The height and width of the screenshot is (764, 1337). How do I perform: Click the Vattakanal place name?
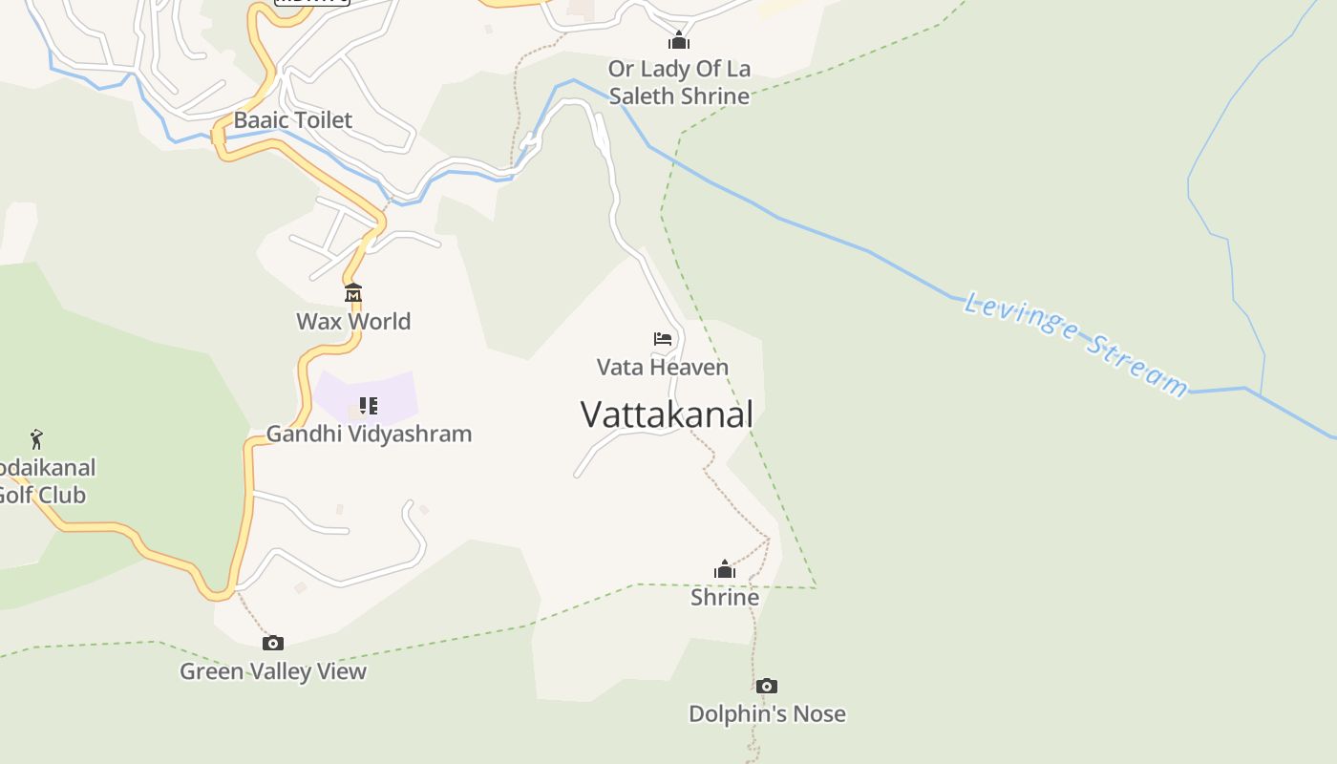667,414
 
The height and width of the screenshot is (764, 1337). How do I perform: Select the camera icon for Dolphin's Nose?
766,686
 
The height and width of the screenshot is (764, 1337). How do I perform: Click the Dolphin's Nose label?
767,713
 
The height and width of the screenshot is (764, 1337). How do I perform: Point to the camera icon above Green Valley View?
273,643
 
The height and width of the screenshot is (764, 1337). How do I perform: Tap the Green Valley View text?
273,671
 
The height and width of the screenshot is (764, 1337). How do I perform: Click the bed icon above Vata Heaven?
663,339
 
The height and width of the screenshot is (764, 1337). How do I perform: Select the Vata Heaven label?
663,367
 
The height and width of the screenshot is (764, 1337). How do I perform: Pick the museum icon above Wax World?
353,292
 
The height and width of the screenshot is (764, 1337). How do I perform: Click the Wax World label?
353,321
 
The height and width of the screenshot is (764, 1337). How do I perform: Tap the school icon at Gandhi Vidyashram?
369,406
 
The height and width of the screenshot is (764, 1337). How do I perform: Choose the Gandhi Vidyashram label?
369,434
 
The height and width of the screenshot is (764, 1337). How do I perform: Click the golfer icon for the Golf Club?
36,439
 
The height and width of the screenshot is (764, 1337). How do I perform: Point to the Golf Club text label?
43,481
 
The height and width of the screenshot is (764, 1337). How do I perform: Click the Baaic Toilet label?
293,120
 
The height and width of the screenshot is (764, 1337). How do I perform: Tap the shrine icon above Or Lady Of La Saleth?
679,40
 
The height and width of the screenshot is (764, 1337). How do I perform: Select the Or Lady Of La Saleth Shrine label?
679,82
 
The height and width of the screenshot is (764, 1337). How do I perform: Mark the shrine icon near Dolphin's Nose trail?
725,570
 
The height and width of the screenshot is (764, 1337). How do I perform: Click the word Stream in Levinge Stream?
1136,367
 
